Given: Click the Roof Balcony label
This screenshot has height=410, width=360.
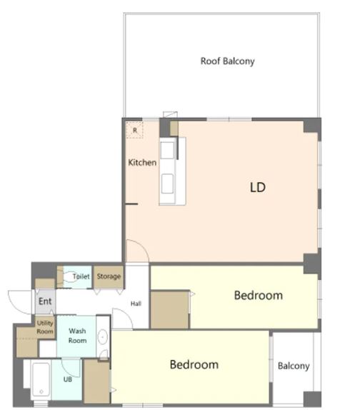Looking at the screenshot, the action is coord(227,61).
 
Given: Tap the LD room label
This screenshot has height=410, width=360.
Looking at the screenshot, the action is coord(258,187).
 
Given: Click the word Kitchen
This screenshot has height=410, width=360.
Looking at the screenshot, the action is coord(142,162).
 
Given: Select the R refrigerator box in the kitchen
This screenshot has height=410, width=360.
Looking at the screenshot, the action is coord(134,130).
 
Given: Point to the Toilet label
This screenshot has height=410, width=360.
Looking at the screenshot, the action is coord(81,276).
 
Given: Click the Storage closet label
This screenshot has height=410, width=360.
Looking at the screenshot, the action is coord(109,276).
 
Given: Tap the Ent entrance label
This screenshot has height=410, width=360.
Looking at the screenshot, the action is coord(45,301).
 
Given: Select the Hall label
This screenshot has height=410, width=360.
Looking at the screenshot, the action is coord(136,304).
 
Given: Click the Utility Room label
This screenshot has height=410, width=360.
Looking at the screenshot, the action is coord(45,327).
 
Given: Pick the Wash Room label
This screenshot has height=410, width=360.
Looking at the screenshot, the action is coord(77,336).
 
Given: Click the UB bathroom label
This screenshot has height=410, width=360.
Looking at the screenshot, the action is coord(68,379).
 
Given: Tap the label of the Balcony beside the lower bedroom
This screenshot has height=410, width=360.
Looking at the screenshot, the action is coord(294,366).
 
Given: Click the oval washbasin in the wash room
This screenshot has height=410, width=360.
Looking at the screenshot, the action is coord(103,337).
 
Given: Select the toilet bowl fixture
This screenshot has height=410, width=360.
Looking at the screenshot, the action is coord(70,277).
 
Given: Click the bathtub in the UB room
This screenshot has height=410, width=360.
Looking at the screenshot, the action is coord(41,380).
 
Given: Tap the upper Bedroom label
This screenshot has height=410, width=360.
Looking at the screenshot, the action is coord(259,296).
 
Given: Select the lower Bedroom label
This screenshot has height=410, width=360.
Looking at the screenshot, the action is coord(194,365).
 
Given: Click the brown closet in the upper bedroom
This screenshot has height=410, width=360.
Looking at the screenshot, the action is coord(170,309).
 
